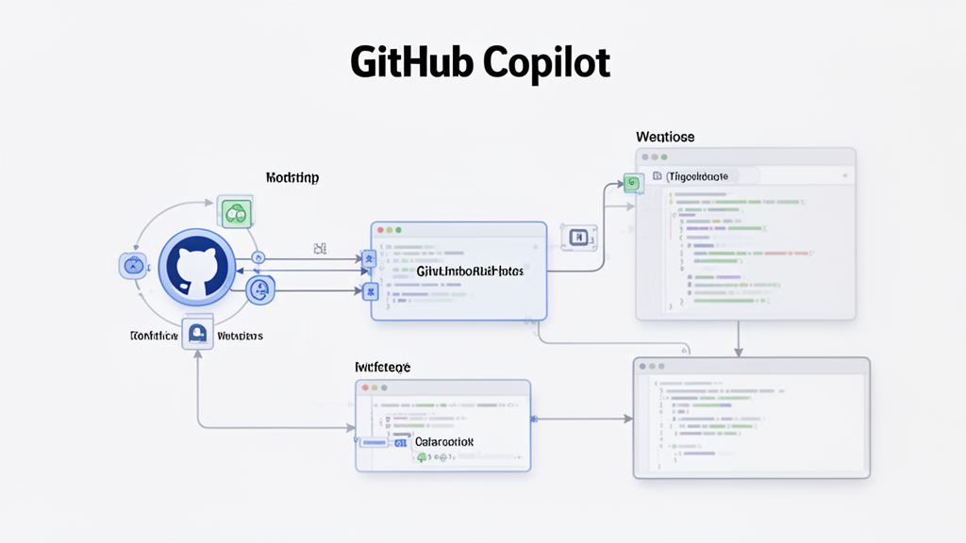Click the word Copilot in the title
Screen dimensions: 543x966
546,63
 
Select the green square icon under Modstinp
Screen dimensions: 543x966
234,213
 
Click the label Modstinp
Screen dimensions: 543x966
291,177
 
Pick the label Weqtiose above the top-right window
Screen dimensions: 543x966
665,138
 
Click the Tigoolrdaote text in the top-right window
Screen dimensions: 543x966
698,176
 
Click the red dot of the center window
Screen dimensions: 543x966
381,230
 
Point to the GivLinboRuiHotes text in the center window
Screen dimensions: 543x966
470,271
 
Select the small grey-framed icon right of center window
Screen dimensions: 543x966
575,238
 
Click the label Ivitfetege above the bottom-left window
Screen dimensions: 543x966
382,366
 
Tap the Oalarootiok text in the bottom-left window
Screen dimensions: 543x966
444,441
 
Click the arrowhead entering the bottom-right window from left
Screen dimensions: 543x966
627,418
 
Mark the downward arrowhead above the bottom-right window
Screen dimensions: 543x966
739,352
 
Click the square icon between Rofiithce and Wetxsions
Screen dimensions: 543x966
198,335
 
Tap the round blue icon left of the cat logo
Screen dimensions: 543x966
133,266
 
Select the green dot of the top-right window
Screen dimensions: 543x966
663,156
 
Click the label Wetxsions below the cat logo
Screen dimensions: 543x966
240,336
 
